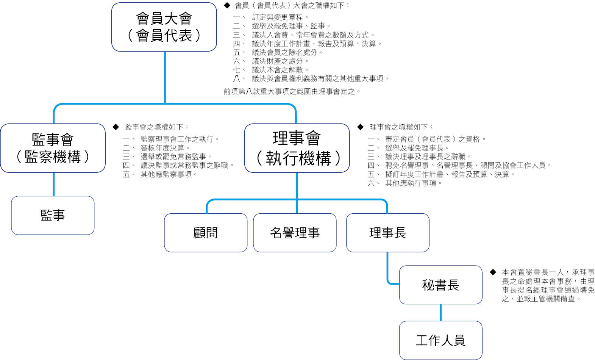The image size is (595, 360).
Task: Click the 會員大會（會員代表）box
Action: [164, 27]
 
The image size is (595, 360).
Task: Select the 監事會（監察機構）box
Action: [53, 148]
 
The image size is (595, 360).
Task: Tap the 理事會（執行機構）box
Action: [297, 148]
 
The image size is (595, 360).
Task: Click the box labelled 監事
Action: [53, 216]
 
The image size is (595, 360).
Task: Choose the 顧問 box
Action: [206, 233]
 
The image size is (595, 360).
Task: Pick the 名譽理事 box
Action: [295, 233]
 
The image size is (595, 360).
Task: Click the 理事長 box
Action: [388, 233]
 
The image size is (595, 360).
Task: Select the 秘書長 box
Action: [441, 285]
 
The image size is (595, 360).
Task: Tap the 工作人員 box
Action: [441, 340]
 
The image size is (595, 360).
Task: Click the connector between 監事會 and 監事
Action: [54, 185]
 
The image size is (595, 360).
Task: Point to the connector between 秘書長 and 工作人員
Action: [441, 313]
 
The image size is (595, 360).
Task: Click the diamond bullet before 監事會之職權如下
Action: [116, 127]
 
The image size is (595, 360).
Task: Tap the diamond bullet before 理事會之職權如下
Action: [361, 127]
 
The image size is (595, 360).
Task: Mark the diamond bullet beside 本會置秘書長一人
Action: [493, 272]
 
